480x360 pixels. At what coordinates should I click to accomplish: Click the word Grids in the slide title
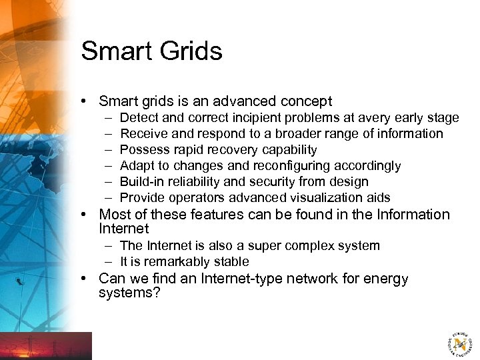pos(188,51)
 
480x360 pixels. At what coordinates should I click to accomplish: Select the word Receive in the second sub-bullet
pos(142,134)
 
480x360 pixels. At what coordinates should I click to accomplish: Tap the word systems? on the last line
pos(129,293)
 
